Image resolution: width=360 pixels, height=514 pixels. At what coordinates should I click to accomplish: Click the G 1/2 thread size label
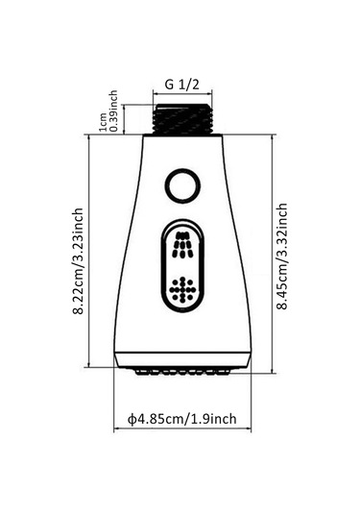(181, 85)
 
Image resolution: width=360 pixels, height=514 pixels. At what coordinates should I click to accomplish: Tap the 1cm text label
(103, 122)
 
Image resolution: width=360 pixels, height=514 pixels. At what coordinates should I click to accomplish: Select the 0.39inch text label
(113, 111)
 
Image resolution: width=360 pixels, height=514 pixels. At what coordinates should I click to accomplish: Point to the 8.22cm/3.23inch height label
(79, 261)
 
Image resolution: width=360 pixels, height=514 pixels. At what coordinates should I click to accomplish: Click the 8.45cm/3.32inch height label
(282, 257)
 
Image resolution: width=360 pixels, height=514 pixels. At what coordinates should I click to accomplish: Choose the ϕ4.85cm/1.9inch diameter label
(182, 419)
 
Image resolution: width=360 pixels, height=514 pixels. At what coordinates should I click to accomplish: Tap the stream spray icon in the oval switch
(182, 245)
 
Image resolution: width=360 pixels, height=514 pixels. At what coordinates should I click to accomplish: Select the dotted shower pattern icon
(182, 289)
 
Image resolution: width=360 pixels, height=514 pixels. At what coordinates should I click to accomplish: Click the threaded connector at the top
(182, 119)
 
